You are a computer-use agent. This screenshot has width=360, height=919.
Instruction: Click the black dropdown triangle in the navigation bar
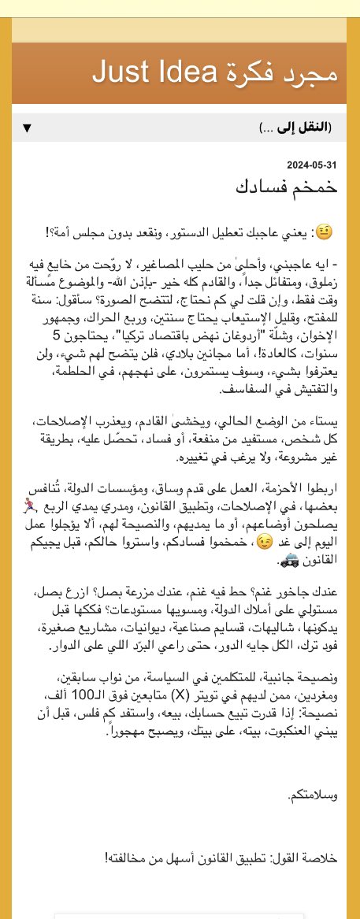point(27,128)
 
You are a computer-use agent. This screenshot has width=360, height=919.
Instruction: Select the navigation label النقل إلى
point(306,128)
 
